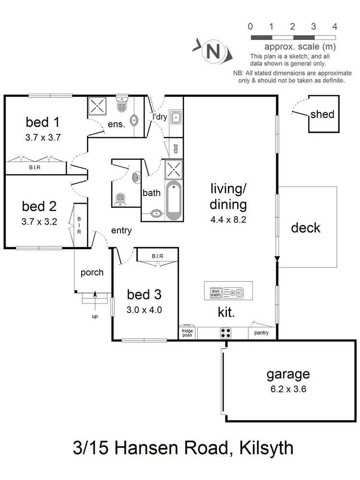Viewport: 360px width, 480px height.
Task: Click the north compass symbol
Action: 212,50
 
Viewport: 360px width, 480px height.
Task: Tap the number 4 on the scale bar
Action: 335,26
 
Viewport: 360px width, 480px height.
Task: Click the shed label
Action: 322,114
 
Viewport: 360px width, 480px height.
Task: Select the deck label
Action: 306,228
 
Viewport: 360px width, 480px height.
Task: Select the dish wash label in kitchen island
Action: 215,292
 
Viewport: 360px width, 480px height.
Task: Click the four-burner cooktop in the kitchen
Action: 225,333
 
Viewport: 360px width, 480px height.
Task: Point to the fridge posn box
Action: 187,333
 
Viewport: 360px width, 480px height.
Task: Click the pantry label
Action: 261,333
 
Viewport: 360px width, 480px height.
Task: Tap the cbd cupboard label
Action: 175,148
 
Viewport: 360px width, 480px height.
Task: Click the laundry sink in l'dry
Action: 176,116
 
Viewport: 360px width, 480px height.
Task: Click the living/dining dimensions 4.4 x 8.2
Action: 228,221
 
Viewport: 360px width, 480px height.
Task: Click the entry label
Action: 121,231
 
